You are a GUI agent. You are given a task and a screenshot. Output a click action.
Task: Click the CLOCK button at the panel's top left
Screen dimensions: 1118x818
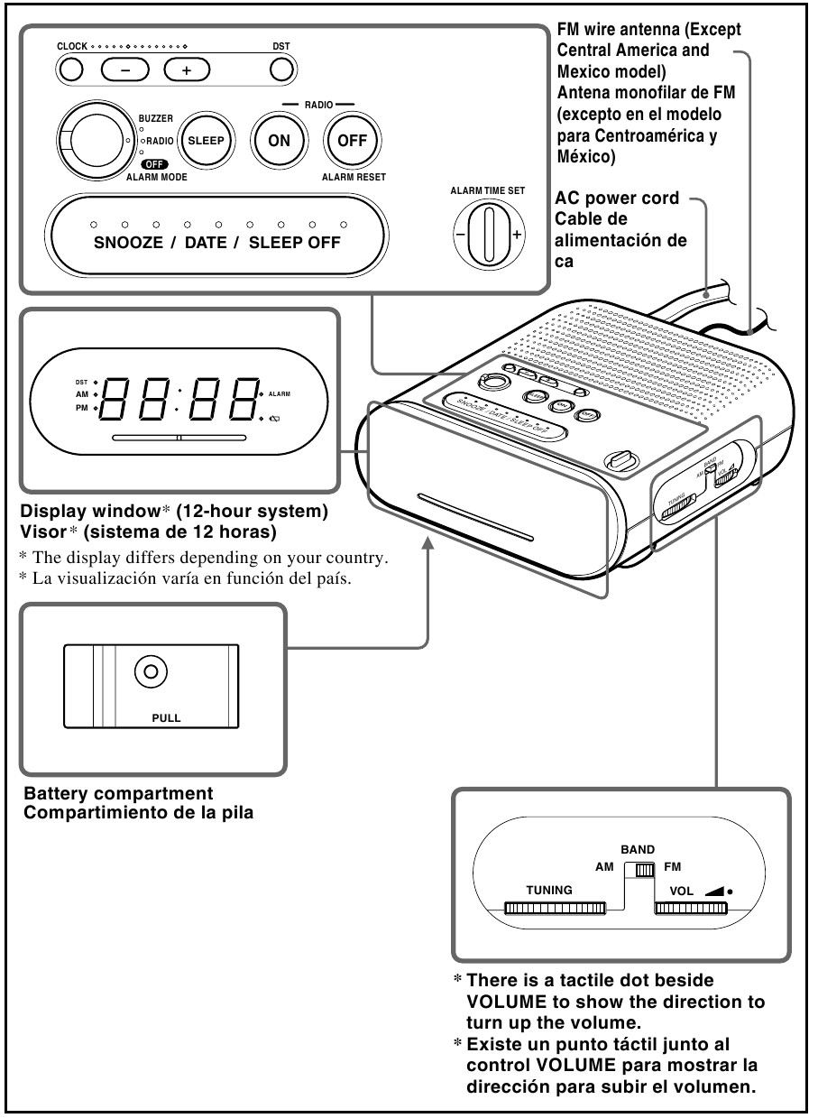click(71, 69)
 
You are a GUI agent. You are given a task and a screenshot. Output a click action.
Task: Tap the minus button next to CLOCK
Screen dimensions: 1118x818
click(123, 69)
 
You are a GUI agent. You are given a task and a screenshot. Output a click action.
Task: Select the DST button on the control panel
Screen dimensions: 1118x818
click(281, 69)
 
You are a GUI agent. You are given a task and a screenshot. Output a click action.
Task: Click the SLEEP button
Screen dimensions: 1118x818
click(205, 141)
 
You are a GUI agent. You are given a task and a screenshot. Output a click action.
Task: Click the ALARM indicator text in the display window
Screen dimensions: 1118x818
click(279, 394)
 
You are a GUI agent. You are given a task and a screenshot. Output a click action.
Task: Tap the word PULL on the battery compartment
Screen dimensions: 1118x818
click(166, 719)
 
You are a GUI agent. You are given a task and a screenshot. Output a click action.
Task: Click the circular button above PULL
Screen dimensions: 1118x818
click(151, 670)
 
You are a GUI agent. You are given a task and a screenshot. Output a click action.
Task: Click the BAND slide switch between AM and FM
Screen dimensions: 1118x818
click(643, 870)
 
